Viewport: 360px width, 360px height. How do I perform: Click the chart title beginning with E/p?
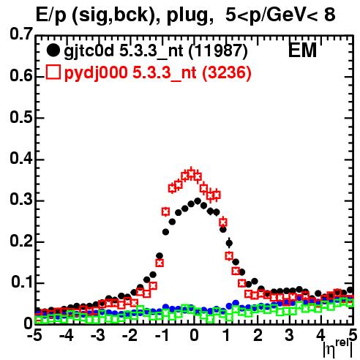(185, 15)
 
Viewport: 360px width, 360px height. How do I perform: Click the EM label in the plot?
(302, 50)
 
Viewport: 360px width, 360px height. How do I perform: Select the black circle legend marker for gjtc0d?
(53, 50)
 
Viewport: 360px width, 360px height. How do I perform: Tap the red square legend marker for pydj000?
(53, 72)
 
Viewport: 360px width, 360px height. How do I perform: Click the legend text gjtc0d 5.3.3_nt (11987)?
(156, 51)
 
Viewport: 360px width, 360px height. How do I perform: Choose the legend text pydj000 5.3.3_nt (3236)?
(157, 72)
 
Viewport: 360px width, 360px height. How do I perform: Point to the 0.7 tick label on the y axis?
(21, 34)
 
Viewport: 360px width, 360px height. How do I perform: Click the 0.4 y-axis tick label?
(21, 158)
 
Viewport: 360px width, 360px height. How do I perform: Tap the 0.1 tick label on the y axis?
(22, 282)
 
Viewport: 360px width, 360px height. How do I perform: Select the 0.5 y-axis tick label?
(21, 117)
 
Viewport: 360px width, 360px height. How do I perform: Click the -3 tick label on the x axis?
(98, 335)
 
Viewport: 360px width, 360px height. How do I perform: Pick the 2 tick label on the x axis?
(258, 335)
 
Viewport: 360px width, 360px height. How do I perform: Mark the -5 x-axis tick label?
(35, 335)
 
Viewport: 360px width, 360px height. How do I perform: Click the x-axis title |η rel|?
(338, 349)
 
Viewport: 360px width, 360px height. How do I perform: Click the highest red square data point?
(191, 173)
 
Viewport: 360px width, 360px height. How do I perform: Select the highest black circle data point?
(198, 201)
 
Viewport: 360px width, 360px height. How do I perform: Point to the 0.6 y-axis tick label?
(21, 76)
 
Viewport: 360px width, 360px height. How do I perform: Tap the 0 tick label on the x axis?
(194, 335)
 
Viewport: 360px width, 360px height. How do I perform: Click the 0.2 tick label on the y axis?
(21, 241)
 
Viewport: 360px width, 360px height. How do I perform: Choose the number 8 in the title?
(330, 15)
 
